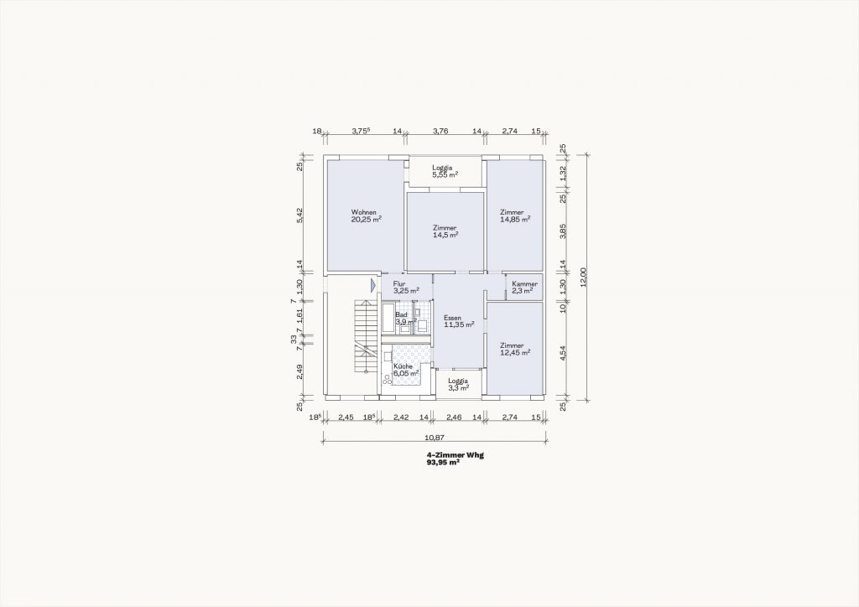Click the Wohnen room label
click(x=364, y=212)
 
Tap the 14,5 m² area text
click(x=445, y=234)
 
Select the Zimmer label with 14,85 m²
click(x=512, y=212)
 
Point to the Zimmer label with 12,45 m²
click(x=512, y=346)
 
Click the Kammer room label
click(x=525, y=284)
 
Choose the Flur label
click(x=399, y=284)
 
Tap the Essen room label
click(x=452, y=318)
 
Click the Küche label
click(x=403, y=366)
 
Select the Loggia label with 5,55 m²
click(x=442, y=168)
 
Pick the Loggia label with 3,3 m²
click(x=458, y=381)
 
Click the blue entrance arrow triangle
click(x=372, y=284)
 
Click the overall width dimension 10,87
click(x=434, y=438)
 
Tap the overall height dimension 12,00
click(x=583, y=277)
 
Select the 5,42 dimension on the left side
click(x=299, y=215)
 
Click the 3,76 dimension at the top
click(x=440, y=131)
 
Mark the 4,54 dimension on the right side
click(x=562, y=352)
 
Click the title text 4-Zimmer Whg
click(x=456, y=455)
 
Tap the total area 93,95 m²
click(x=443, y=462)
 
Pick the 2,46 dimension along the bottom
click(x=454, y=417)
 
